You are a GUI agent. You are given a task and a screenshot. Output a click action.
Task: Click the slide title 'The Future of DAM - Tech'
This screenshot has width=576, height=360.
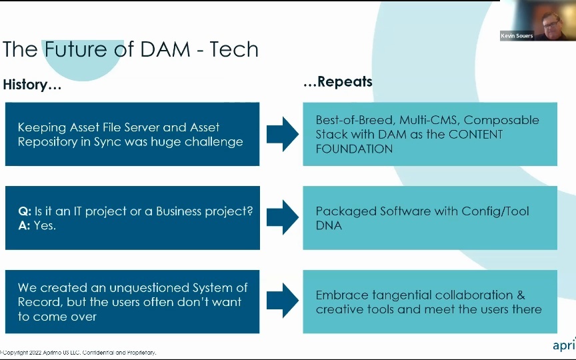click(131, 49)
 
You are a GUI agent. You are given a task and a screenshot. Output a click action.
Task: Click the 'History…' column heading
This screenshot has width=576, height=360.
click(32, 85)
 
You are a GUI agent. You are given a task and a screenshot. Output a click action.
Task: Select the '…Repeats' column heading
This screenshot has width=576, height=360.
click(337, 82)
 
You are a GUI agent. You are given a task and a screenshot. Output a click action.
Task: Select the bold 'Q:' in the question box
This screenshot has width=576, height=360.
click(24, 211)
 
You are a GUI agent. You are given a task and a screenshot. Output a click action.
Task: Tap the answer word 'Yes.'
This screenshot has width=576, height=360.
click(45, 225)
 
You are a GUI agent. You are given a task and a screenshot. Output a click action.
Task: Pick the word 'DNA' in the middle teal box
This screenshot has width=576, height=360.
click(329, 225)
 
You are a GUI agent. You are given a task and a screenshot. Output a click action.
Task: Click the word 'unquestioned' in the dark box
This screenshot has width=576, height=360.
click(135, 288)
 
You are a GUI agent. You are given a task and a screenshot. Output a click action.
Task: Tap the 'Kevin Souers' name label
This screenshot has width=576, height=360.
click(517, 36)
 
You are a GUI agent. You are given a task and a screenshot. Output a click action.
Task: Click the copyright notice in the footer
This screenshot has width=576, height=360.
click(78, 352)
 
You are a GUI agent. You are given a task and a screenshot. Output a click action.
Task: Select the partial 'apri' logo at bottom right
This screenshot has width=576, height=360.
click(564, 345)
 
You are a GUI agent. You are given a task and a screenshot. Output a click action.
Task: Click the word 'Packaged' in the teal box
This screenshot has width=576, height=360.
click(345, 211)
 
